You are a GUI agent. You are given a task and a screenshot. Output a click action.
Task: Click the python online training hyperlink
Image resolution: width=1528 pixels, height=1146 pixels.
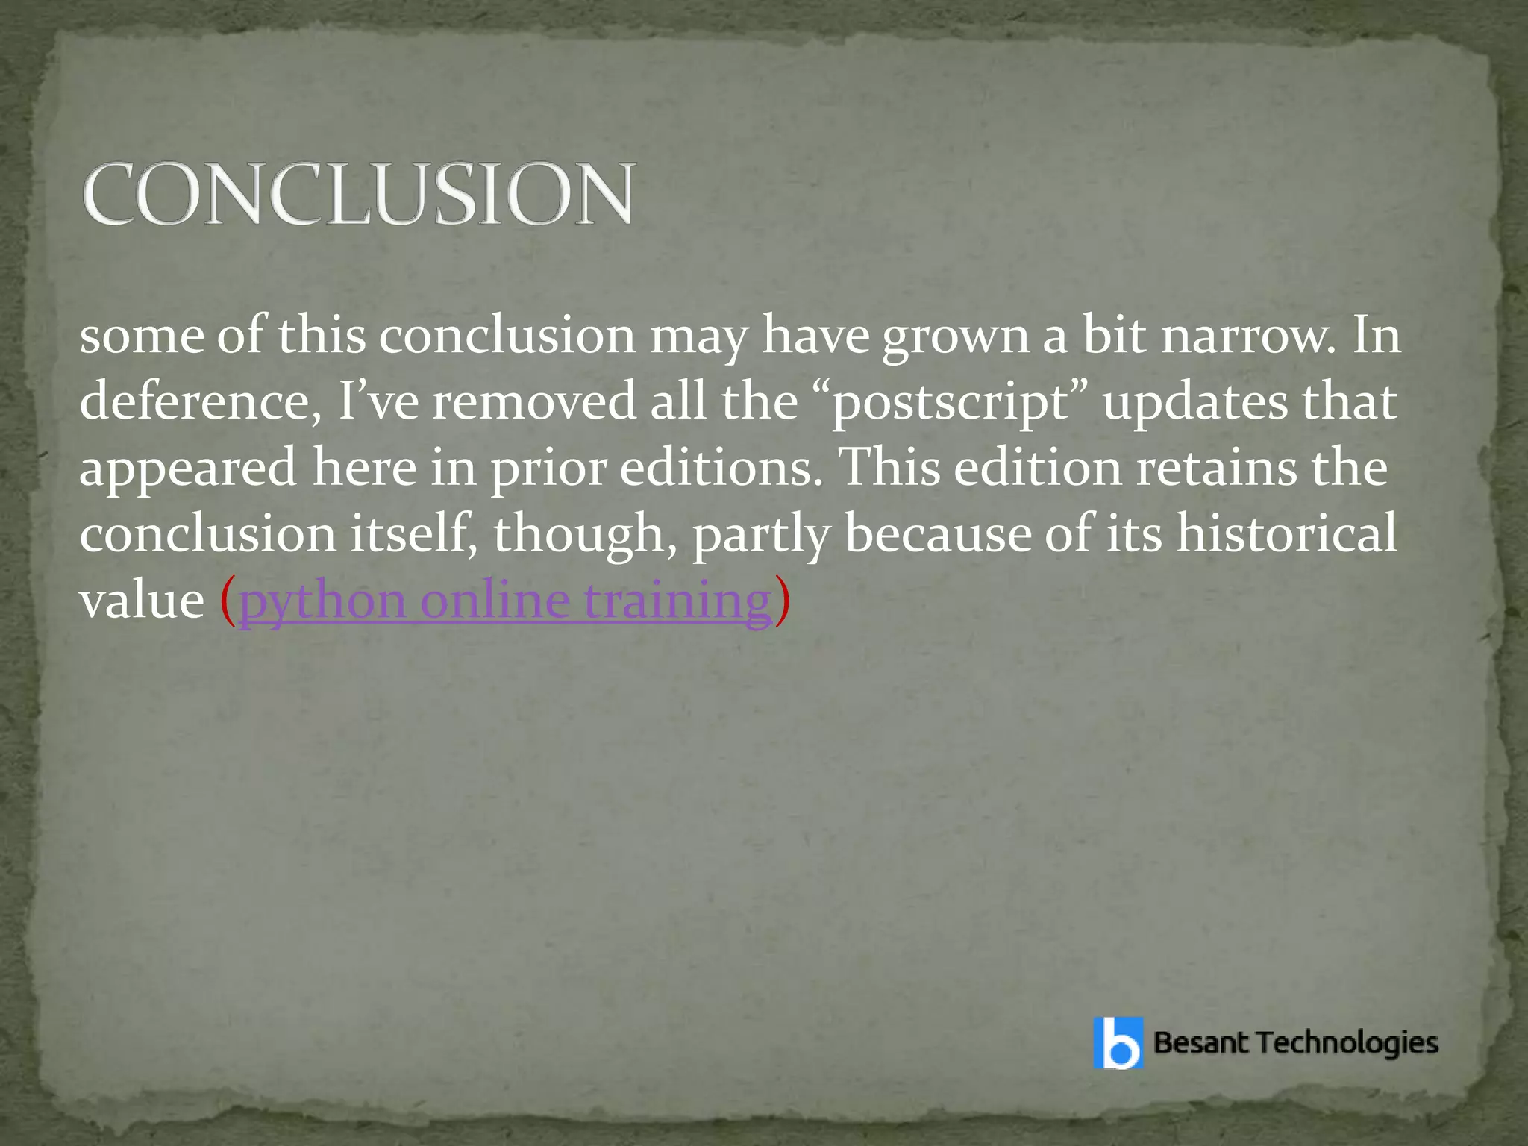(x=504, y=601)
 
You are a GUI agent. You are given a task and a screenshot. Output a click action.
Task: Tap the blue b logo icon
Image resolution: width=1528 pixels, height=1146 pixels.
(x=1118, y=1043)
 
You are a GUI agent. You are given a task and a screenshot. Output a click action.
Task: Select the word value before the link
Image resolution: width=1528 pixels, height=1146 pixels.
(x=142, y=601)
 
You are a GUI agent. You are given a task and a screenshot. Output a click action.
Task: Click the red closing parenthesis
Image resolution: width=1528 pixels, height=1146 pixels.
(x=781, y=601)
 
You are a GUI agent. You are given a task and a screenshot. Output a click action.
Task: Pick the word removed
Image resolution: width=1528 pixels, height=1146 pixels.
(x=533, y=401)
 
